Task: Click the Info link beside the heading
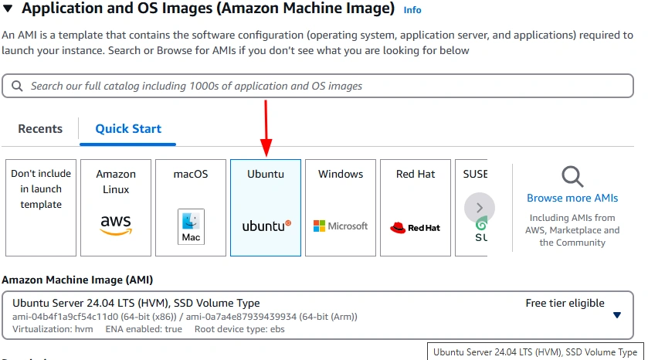point(412,10)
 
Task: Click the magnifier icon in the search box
point(17,86)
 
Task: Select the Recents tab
point(40,129)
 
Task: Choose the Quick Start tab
point(128,129)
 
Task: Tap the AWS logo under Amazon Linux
point(116,225)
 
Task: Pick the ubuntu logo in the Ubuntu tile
point(266,226)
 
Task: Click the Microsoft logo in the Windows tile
point(341,226)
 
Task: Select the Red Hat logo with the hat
point(415,227)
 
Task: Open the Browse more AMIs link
point(572,198)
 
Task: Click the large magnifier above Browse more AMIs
point(572,176)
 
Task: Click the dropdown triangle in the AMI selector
point(617,315)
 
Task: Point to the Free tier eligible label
point(565,303)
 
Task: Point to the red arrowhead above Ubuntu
point(266,148)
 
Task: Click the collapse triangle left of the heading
point(8,8)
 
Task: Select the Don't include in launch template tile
point(41,208)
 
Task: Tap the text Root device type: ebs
point(239,329)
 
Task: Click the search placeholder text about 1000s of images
point(196,86)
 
